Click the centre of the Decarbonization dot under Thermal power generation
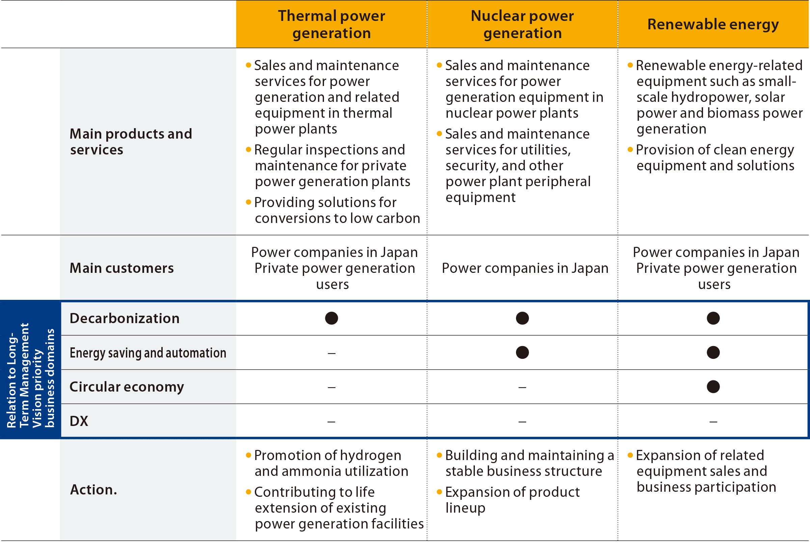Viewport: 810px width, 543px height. (x=331, y=318)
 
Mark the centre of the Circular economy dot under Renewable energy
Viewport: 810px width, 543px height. (x=713, y=387)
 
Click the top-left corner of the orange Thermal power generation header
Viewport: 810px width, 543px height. (x=236, y=0)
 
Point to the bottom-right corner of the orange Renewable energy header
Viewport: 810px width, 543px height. (x=809, y=48)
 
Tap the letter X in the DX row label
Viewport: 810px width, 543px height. (x=83, y=421)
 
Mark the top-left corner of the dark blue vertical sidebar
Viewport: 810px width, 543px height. (x=0, y=300)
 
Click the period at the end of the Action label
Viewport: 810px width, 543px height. (x=115, y=494)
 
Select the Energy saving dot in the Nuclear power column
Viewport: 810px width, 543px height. (x=522, y=352)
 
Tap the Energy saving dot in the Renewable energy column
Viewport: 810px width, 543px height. (x=713, y=352)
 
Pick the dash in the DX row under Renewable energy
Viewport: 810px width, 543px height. (x=713, y=422)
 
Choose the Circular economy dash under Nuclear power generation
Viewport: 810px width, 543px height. (x=522, y=388)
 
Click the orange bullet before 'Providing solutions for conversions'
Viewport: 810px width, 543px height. (x=248, y=202)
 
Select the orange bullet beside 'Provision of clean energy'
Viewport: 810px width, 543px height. (x=630, y=149)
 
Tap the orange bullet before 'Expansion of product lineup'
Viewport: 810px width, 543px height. (x=439, y=491)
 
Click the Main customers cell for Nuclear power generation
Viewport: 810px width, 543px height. (x=525, y=268)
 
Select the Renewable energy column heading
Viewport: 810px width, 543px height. (x=713, y=25)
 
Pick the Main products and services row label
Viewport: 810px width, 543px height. (x=131, y=142)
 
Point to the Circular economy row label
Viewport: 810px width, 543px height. (x=127, y=387)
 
